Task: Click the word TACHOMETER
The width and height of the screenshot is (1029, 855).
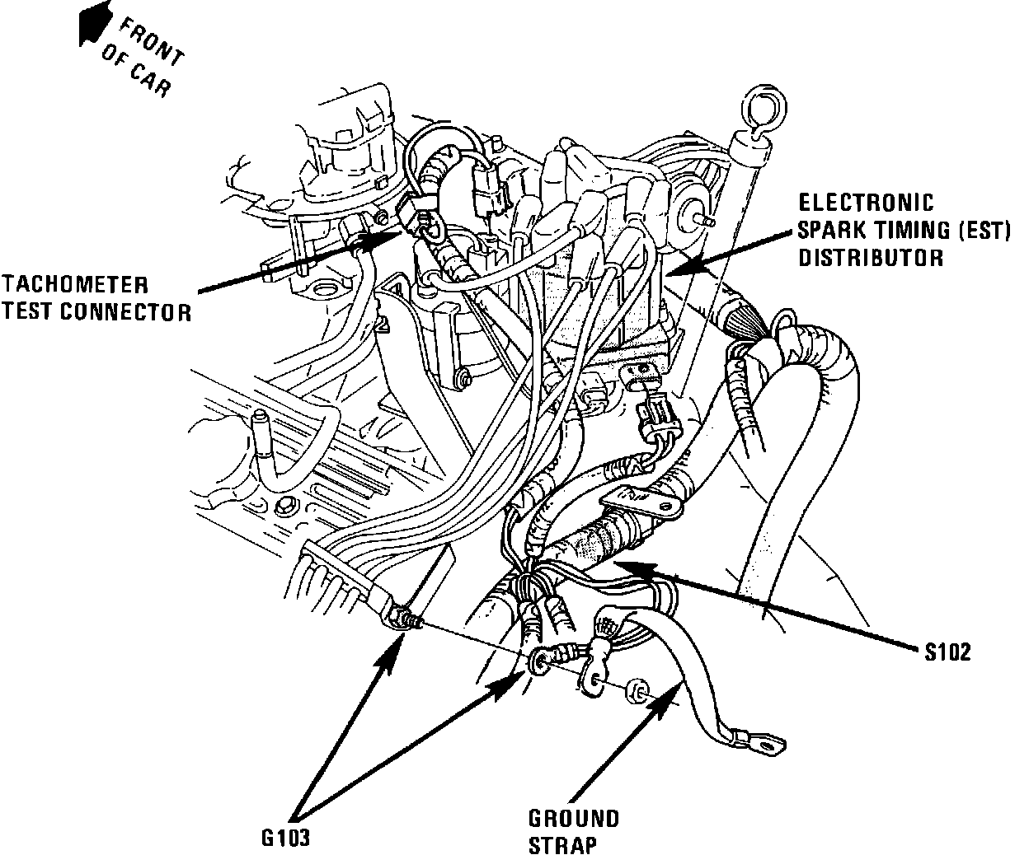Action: [x=75, y=285]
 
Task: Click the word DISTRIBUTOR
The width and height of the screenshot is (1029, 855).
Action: [x=870, y=257]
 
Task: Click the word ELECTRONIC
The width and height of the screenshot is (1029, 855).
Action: [x=865, y=203]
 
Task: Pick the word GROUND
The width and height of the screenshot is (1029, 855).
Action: [x=574, y=819]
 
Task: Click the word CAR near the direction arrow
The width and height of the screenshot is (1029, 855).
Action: [x=152, y=78]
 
